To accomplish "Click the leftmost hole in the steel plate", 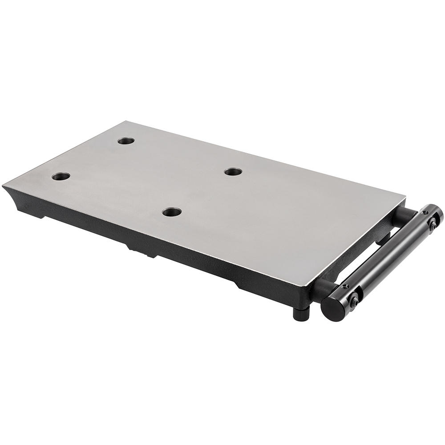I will (61, 176).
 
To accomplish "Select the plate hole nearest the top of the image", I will (126, 141).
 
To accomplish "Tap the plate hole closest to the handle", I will (233, 172).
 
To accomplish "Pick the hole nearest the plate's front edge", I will (172, 212).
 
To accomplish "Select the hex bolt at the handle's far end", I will (432, 225).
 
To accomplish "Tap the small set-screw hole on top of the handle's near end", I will (345, 286).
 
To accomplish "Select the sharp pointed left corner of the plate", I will (4, 186).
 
